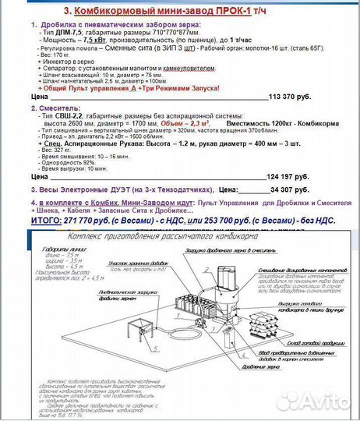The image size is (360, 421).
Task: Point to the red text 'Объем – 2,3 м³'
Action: [x=188, y=123]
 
